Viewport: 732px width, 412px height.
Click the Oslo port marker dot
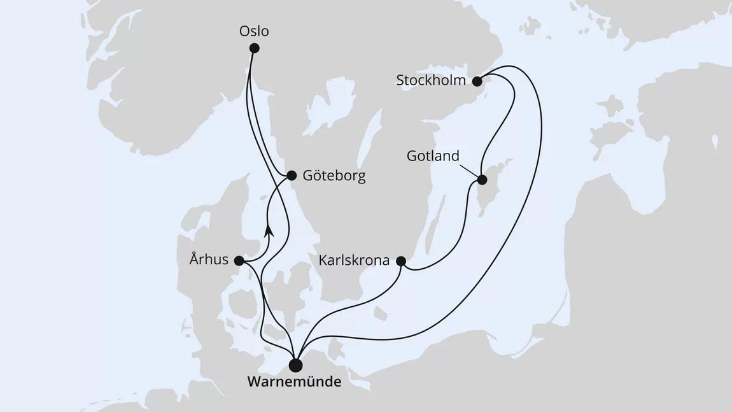[255, 48]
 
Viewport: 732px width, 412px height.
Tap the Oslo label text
[254, 30]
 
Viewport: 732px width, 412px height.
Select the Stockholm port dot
[477, 81]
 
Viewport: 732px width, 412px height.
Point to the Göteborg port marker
[292, 175]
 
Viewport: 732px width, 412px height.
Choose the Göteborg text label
[334, 176]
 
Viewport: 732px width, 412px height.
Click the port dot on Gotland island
[482, 180]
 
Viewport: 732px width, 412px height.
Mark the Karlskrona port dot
[400, 260]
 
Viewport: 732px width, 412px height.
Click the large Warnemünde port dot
[295, 365]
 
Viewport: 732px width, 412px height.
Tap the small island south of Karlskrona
[380, 314]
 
